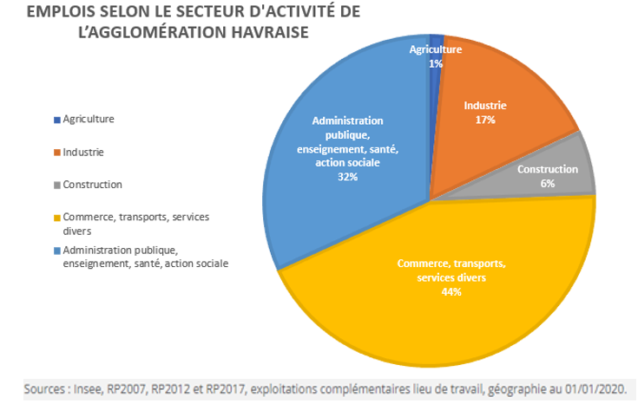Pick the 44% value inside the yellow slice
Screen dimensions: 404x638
tap(451, 292)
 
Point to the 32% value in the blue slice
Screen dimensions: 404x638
tap(347, 176)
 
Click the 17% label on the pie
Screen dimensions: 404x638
tap(485, 120)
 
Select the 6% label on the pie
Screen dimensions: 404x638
tap(547, 184)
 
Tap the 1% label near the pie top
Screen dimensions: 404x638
tap(436, 63)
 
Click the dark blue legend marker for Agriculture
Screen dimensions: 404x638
tap(56, 119)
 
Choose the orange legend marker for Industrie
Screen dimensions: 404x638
tap(56, 152)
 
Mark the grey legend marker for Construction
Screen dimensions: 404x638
tap(56, 185)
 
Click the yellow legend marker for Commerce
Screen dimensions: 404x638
tap(56, 218)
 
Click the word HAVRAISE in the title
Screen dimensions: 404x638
tap(266, 31)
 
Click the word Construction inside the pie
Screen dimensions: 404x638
tap(547, 170)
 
